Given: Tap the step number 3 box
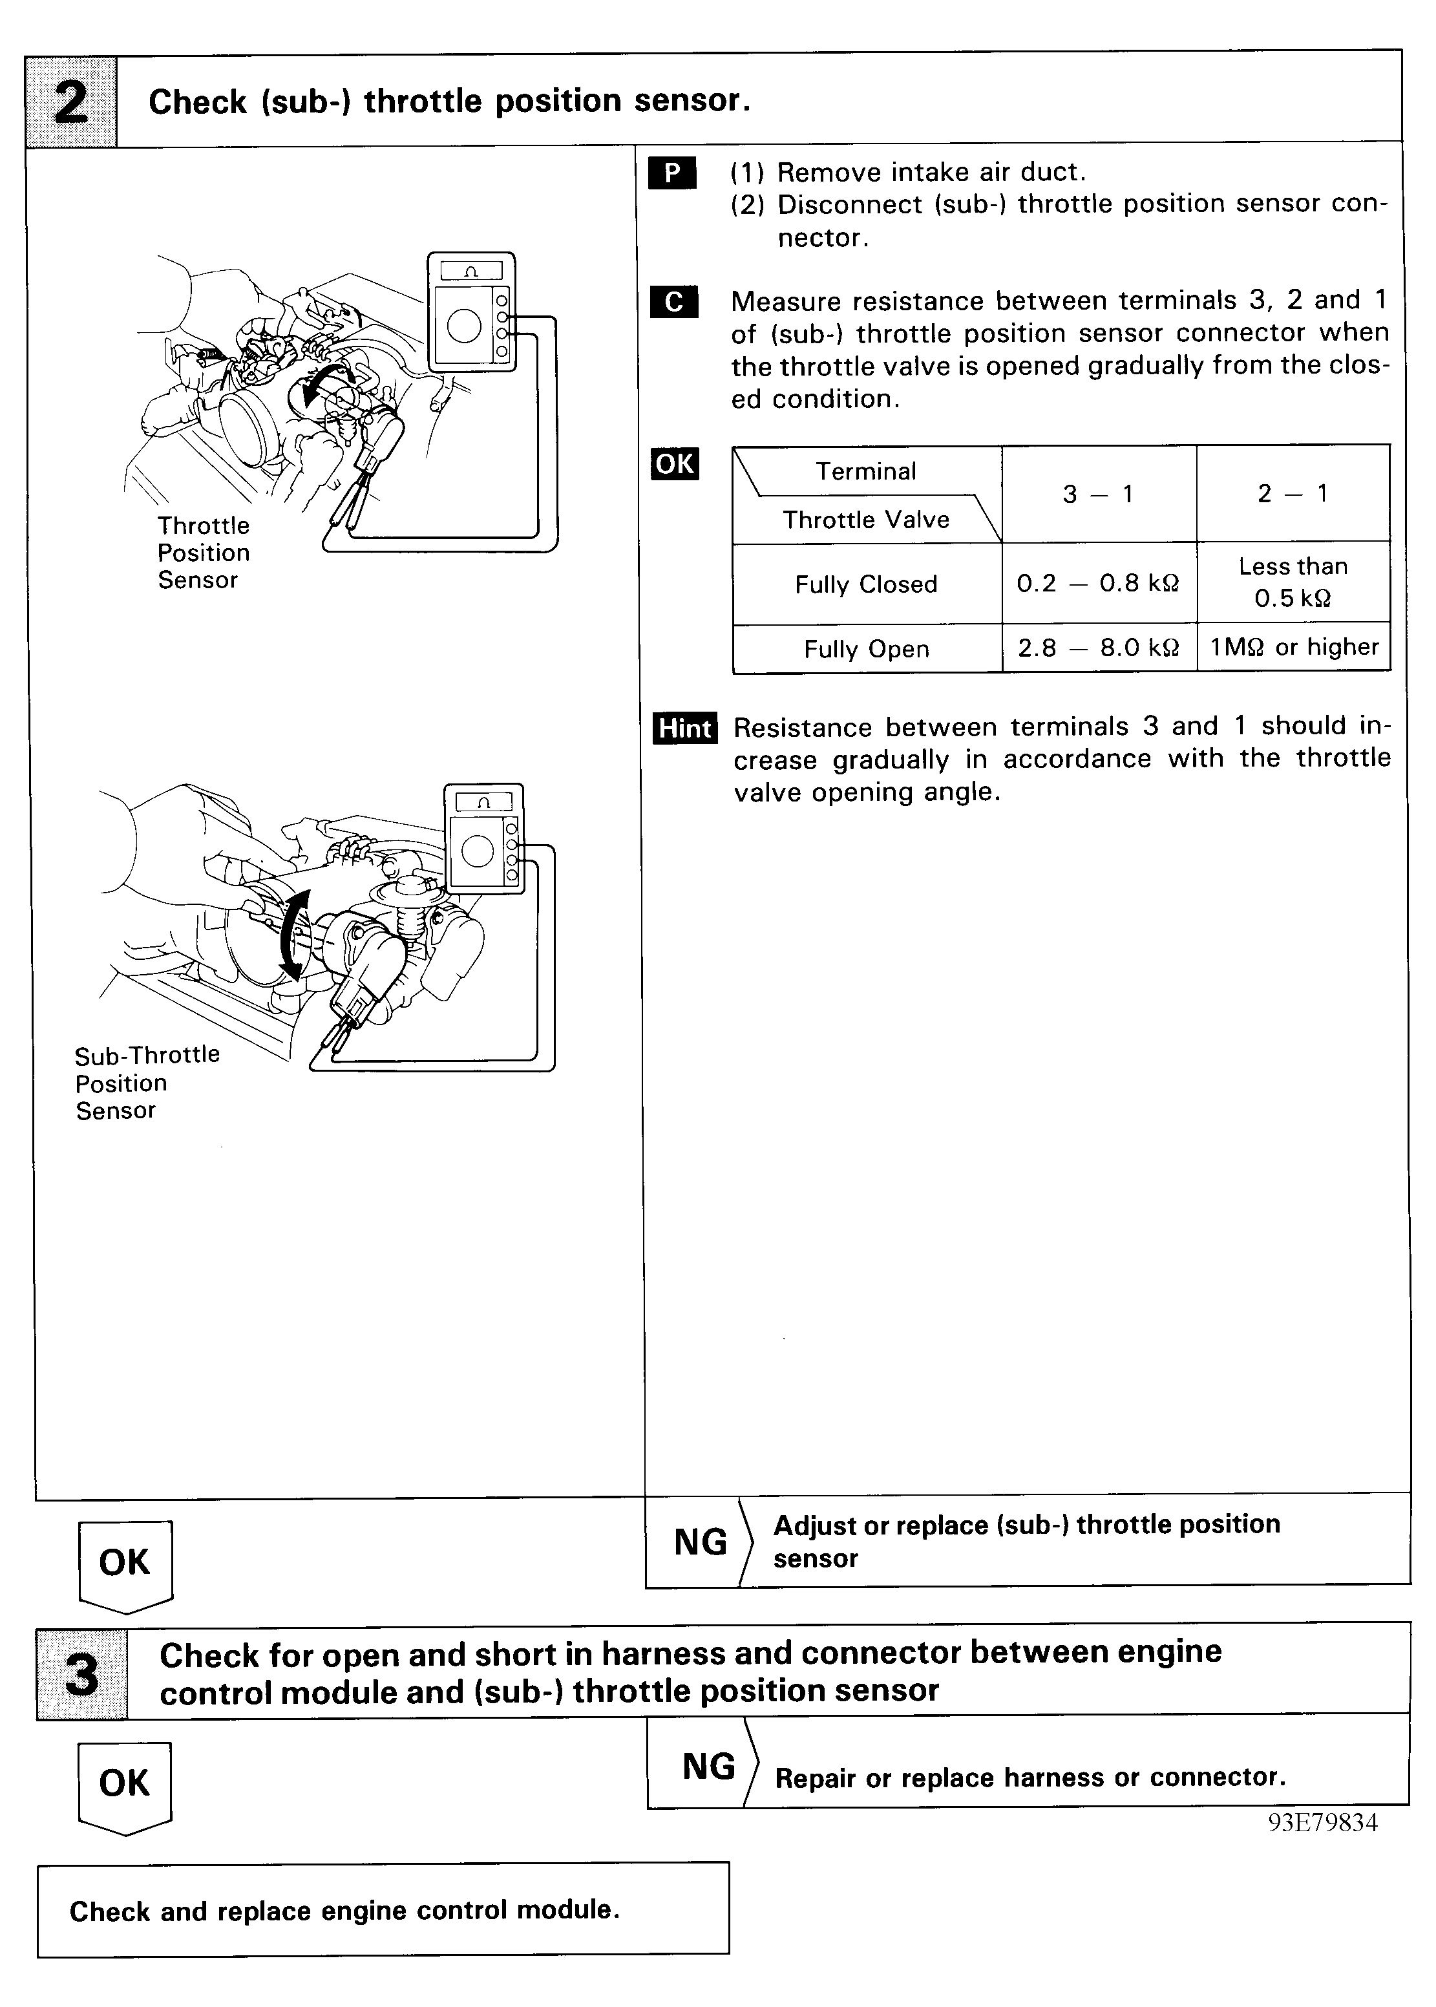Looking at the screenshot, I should (x=81, y=1673).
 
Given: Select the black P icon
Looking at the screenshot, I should (x=672, y=173).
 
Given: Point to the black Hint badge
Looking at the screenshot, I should (x=684, y=728).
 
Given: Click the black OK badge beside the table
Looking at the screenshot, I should (x=674, y=463).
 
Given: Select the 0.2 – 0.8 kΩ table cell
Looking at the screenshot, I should (x=1097, y=584).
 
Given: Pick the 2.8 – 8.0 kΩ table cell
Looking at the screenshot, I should (x=1097, y=648).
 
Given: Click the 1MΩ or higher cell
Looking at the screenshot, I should (x=1294, y=647).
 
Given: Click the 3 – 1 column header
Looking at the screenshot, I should (x=1097, y=493).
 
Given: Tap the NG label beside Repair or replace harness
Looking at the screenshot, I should (x=708, y=1767).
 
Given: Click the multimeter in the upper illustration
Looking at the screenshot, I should (x=470, y=310).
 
